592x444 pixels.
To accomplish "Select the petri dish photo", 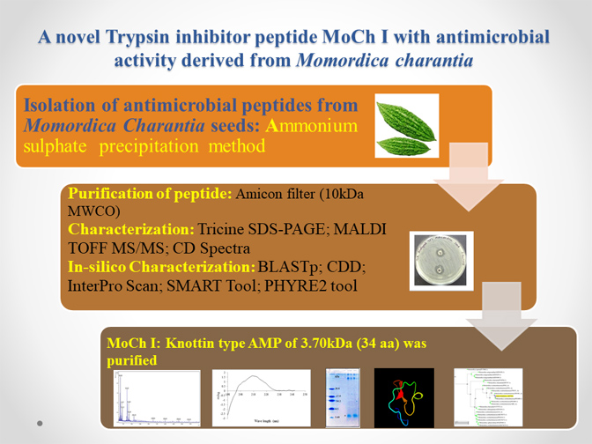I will click(443, 261).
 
